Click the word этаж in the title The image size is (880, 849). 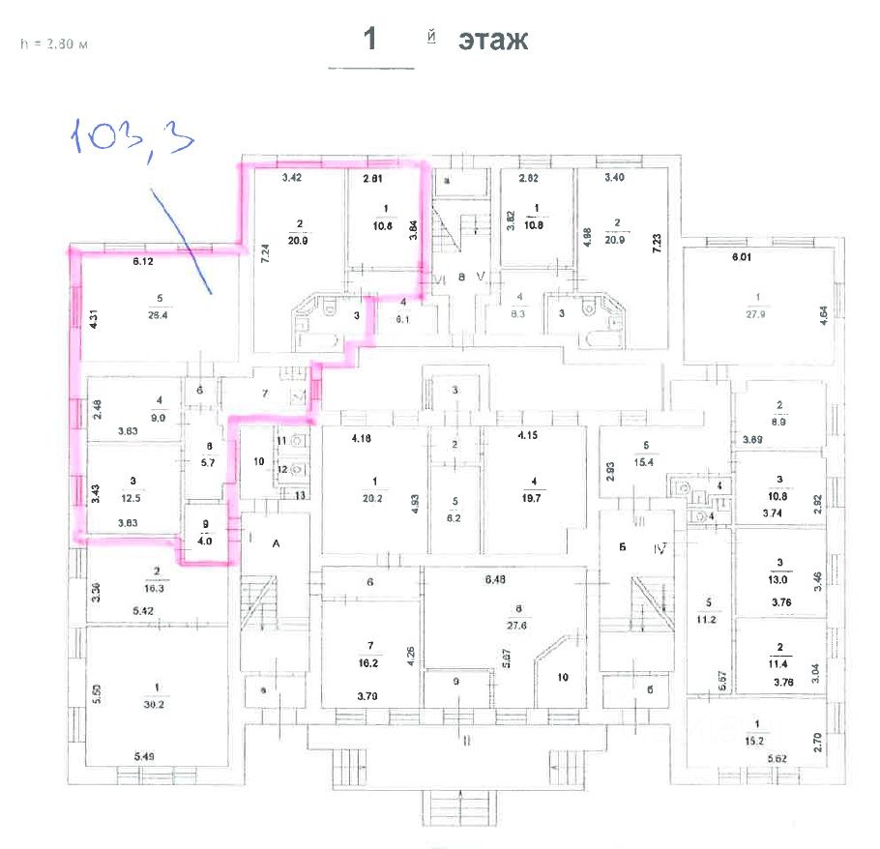493,41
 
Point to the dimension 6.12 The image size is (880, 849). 144,261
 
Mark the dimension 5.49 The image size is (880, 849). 143,754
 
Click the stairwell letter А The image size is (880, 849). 276,544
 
